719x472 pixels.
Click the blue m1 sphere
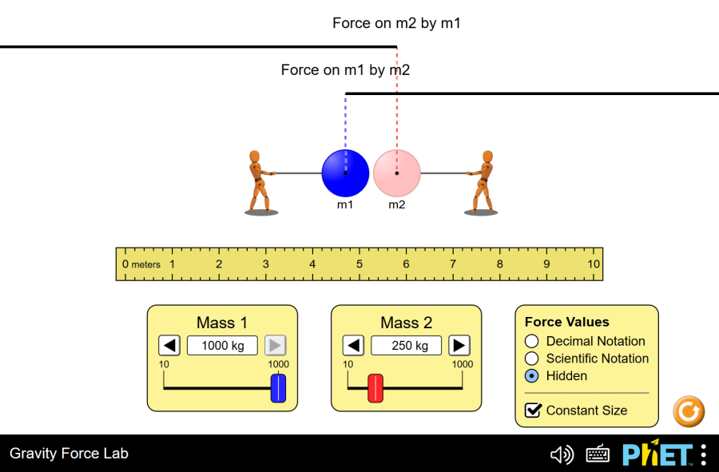coord(345,173)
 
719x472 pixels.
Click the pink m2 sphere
coord(396,173)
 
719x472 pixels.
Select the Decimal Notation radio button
coord(532,341)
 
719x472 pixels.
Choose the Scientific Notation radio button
coord(532,359)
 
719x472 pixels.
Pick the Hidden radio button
coord(532,376)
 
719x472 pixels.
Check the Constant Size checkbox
coord(533,411)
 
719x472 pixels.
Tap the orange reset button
coord(689,411)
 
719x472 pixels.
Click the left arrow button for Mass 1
coord(169,345)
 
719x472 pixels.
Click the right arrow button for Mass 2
coord(459,345)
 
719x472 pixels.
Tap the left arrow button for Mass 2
coord(353,345)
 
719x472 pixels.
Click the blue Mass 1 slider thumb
coord(278,388)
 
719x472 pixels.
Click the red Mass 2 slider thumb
coord(375,388)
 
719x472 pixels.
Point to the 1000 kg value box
coord(222,345)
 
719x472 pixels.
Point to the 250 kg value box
coord(406,345)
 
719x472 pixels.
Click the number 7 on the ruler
coord(453,264)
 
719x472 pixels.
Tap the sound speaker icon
coord(562,454)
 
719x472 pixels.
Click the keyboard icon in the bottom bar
coord(598,454)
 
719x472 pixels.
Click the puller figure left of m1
coord(259,182)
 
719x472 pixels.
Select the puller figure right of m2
coord(483,182)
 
